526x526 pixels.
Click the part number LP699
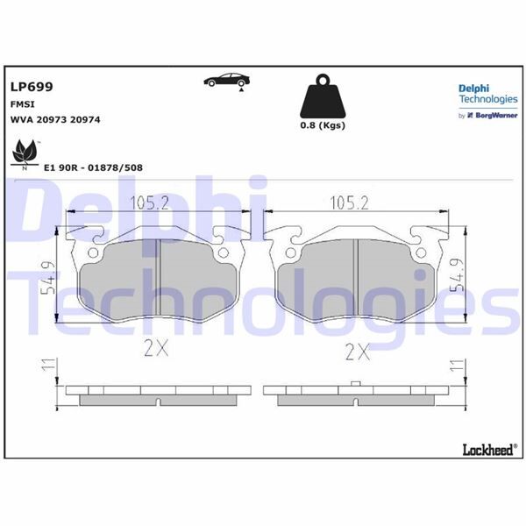click(x=32, y=87)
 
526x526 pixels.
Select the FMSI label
click(x=23, y=103)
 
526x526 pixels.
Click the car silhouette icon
click(x=224, y=81)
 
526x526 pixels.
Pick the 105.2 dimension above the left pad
click(x=150, y=203)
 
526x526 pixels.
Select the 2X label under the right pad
click(x=356, y=352)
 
